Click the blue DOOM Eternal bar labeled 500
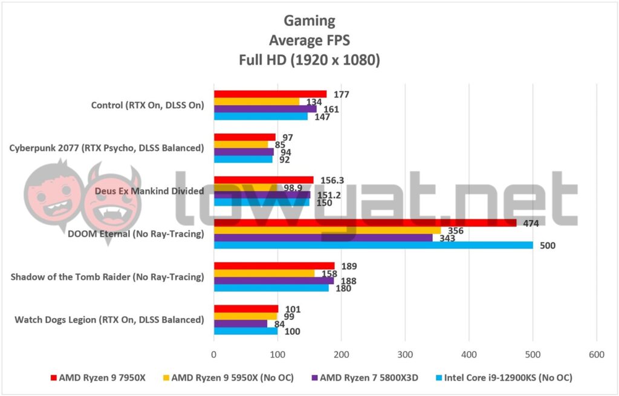[373, 245]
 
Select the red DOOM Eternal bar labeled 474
[365, 222]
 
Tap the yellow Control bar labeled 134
[256, 102]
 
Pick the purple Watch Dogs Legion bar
[241, 323]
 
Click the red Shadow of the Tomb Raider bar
[274, 265]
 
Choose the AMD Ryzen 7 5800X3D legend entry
[363, 378]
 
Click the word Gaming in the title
[309, 21]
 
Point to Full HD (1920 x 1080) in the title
[309, 60]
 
